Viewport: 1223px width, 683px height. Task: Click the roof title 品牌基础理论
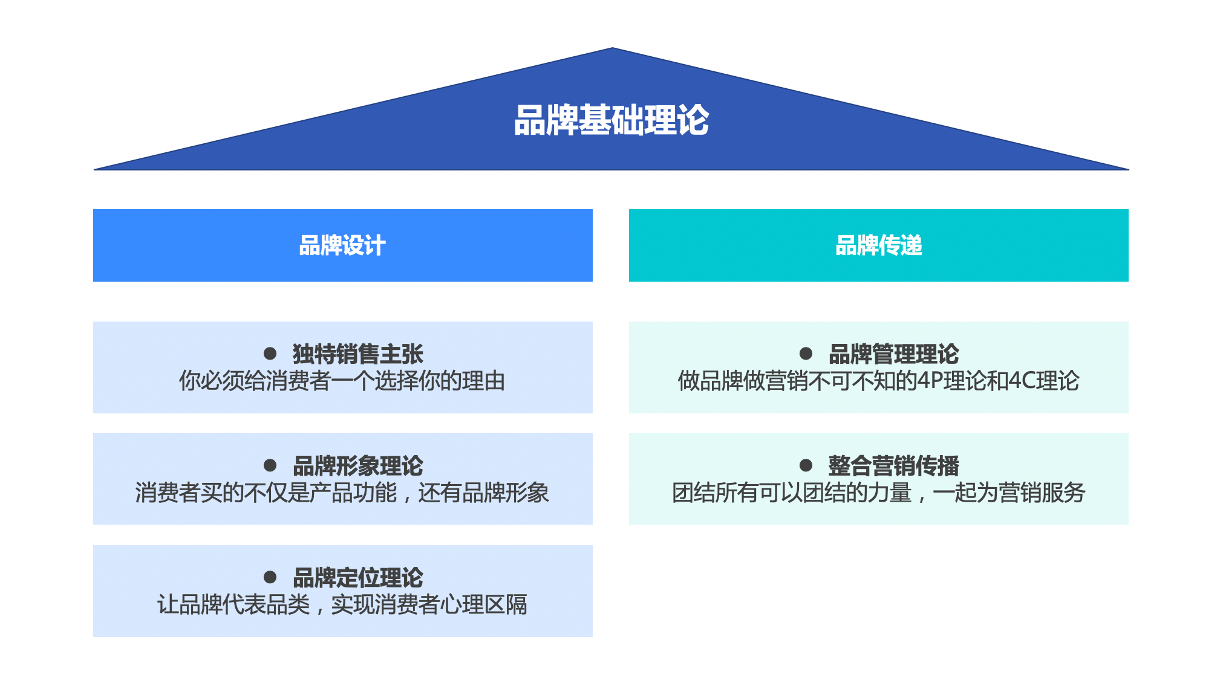pyautogui.click(x=611, y=120)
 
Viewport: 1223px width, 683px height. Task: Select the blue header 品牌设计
pyautogui.click(x=342, y=245)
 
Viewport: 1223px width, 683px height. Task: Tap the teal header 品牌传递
pyautogui.click(x=878, y=245)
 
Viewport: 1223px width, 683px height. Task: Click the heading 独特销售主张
pyautogui.click(x=357, y=354)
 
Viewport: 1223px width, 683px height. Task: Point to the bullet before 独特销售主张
pyautogui.click(x=270, y=354)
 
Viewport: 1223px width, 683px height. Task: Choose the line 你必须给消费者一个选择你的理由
pyautogui.click(x=342, y=381)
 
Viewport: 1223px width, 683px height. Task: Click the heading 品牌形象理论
pyautogui.click(x=357, y=466)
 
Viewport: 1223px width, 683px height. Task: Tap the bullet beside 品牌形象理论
pyautogui.click(x=270, y=465)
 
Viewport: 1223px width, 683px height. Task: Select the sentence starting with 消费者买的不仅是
pyautogui.click(x=342, y=493)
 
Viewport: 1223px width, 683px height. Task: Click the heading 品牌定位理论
pyautogui.click(x=357, y=578)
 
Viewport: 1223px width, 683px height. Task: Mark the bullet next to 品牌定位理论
pyautogui.click(x=270, y=577)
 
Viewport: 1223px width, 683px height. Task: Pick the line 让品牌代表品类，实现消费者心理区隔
pyautogui.click(x=342, y=604)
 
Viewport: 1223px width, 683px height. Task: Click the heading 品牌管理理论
pyautogui.click(x=893, y=354)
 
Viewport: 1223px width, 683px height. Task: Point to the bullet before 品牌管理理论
pyautogui.click(x=806, y=354)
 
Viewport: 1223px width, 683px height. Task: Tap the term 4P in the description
pyautogui.click(x=929, y=381)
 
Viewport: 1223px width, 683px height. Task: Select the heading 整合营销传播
pyautogui.click(x=893, y=466)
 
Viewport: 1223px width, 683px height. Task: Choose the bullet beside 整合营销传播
pyautogui.click(x=806, y=465)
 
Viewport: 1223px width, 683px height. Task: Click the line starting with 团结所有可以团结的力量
pyautogui.click(x=878, y=493)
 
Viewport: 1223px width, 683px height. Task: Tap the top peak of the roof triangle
pyautogui.click(x=612, y=48)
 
